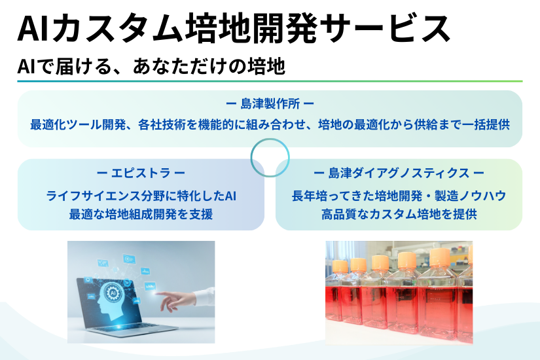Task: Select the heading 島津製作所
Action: click(270, 104)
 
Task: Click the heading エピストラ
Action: click(141, 173)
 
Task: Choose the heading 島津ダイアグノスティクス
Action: click(399, 173)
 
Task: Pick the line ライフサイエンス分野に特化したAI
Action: click(141, 196)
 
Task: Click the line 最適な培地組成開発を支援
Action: click(141, 214)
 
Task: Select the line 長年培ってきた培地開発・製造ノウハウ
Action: click(399, 196)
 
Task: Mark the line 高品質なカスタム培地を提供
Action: click(399, 214)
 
